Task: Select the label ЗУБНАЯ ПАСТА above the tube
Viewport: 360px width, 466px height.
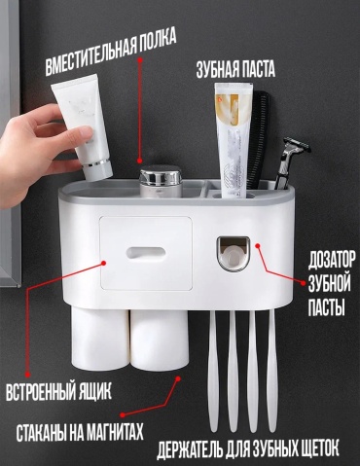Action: [235, 69]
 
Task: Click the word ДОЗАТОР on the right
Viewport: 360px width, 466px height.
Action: [332, 260]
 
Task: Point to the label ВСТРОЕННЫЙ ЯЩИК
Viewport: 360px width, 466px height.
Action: [58, 392]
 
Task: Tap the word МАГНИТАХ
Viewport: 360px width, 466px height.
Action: [108, 432]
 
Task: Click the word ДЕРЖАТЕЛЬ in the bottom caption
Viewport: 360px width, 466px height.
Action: [190, 448]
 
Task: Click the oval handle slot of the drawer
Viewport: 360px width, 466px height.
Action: [146, 253]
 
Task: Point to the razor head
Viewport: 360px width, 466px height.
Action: [297, 145]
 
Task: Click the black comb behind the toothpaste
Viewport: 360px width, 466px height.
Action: [258, 139]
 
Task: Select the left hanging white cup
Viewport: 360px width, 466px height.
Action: [99, 340]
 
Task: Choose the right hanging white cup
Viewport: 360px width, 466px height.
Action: [160, 341]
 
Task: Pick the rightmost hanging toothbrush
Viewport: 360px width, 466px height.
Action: [272, 369]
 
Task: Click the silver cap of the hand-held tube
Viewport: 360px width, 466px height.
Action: [97, 170]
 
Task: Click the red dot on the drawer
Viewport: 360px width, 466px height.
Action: [104, 263]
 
